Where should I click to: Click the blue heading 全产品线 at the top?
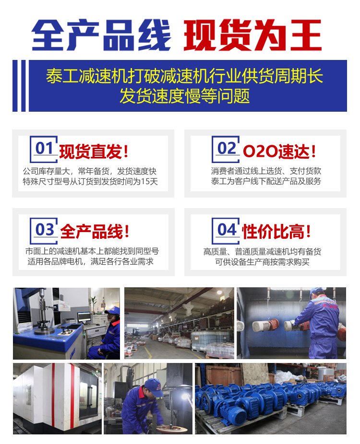(x=101, y=35)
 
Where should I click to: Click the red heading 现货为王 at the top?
(x=252, y=35)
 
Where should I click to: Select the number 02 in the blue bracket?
(x=227, y=148)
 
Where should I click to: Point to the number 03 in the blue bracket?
(x=45, y=230)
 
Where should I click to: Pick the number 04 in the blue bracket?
(x=227, y=230)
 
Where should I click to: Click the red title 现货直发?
(x=94, y=152)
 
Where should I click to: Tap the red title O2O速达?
(x=279, y=151)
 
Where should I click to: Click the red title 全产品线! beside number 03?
(x=95, y=231)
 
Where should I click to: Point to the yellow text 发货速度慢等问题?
(x=184, y=96)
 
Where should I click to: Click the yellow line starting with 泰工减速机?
(x=184, y=76)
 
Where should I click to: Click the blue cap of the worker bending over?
(x=154, y=387)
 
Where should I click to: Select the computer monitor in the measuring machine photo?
(x=84, y=317)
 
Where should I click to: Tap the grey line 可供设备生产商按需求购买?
(x=262, y=262)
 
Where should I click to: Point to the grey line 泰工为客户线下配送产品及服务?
(x=266, y=181)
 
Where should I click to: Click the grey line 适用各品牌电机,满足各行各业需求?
(x=90, y=261)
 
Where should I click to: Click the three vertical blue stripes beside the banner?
(x=19, y=85)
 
